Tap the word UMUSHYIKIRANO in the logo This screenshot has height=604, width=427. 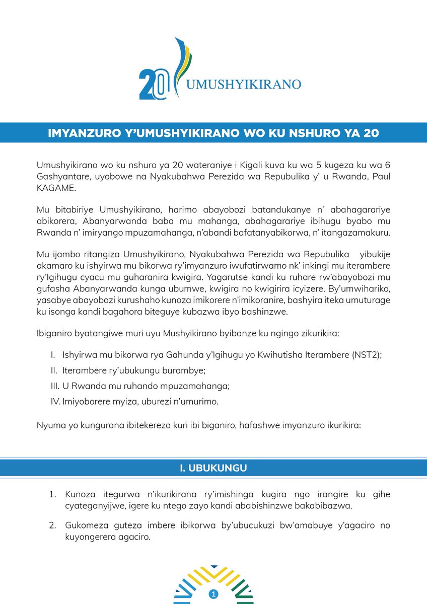243,84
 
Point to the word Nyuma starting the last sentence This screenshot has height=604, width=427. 49,425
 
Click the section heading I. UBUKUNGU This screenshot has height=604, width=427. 213,468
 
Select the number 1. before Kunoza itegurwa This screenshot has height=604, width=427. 53,495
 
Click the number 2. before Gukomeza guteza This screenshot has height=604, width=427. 53,525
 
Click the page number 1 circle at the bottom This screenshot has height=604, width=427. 214,594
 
